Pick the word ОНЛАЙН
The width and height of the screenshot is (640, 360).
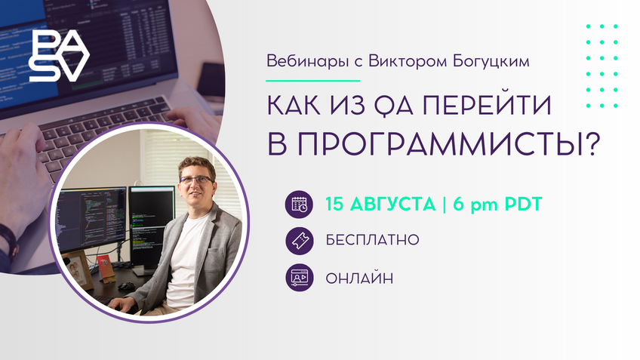point(360,278)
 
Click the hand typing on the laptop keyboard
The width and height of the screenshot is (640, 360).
point(23,181)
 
